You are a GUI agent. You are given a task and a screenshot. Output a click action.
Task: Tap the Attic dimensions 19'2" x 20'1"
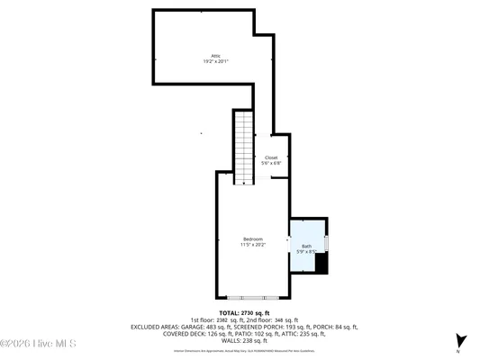click(x=214, y=62)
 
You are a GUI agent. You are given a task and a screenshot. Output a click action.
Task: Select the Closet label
click(x=271, y=157)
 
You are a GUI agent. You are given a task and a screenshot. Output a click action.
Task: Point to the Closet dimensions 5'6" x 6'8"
click(x=271, y=164)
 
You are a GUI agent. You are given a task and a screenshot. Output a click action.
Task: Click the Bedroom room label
click(x=252, y=238)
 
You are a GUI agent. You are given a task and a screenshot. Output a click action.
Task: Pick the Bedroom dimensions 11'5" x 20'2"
click(x=252, y=245)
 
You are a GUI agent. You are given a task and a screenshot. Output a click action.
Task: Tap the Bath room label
click(x=306, y=246)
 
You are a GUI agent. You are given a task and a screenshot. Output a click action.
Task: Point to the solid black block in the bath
click(x=322, y=263)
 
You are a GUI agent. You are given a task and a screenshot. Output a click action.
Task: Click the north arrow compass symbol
click(x=459, y=341)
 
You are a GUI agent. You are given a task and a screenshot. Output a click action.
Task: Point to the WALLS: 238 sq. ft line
click(x=240, y=341)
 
